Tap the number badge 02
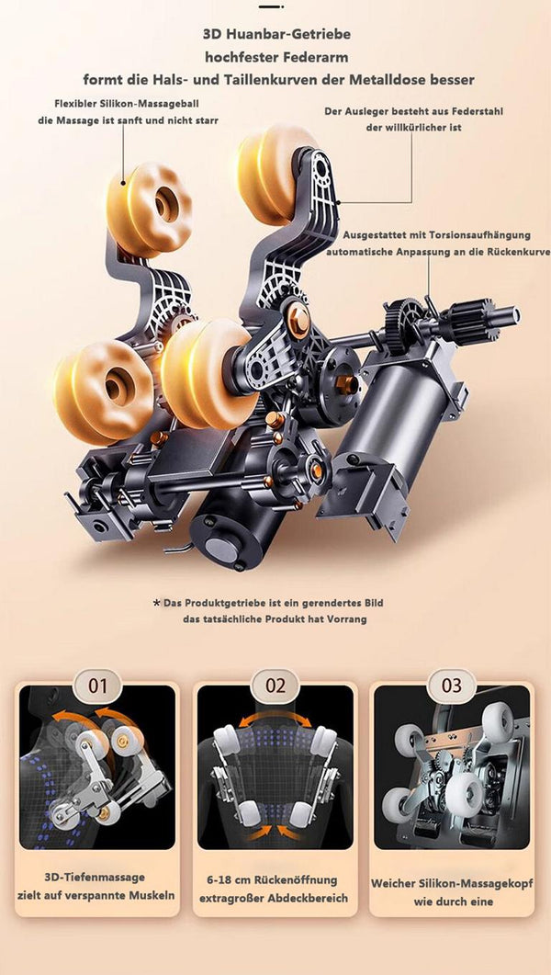coord(275,686)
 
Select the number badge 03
coord(452,686)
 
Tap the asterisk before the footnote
coord(156,603)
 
